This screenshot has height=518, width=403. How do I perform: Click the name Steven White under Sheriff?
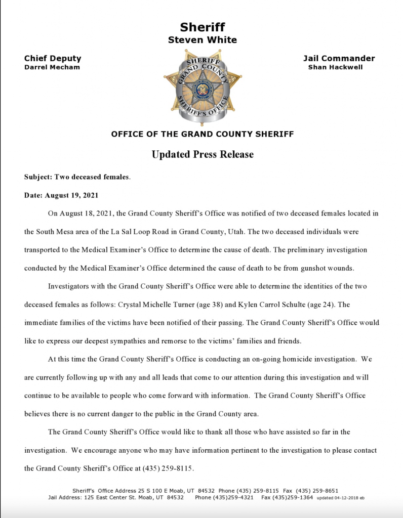[203, 40]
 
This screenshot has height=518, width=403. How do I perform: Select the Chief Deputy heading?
[53, 58]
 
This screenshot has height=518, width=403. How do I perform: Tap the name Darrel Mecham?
[52, 67]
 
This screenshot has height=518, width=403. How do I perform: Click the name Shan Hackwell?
[335, 67]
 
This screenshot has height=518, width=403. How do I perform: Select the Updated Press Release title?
[203, 154]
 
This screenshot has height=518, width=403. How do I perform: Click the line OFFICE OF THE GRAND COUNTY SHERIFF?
[203, 134]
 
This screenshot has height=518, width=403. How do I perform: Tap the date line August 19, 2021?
[61, 195]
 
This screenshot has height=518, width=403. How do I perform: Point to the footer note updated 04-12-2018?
[340, 498]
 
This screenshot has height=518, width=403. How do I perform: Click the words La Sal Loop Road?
[146, 232]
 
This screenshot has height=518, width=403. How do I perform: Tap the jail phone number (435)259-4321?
[235, 498]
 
